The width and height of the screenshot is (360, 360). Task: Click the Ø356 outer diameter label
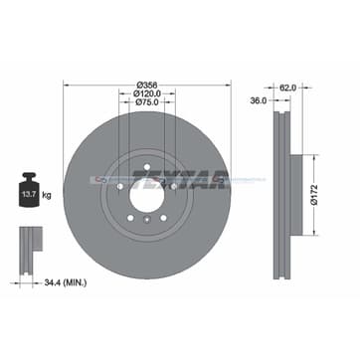tap(147, 85)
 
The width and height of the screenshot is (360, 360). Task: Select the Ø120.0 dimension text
tap(147, 93)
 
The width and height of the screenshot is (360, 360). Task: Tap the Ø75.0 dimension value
tap(147, 102)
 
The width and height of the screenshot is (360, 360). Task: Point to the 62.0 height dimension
tap(287, 88)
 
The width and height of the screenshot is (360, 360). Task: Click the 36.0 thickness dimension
tap(259, 100)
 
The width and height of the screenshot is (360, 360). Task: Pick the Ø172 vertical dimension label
tap(314, 195)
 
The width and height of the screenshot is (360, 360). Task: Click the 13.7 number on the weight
tap(29, 194)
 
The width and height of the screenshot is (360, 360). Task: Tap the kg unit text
tap(47, 195)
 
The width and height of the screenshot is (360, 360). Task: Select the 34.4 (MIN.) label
tap(66, 282)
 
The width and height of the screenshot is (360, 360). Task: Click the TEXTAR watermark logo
tap(180, 179)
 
